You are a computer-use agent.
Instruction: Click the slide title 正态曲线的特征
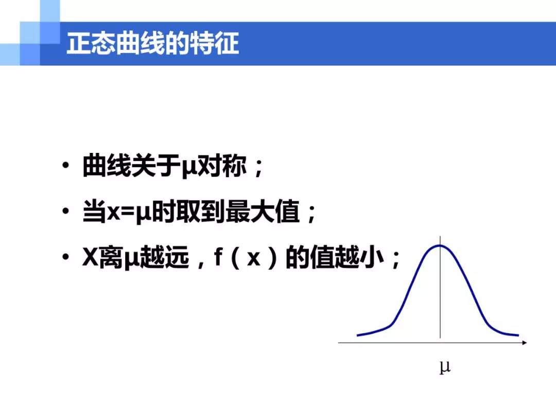click(x=153, y=44)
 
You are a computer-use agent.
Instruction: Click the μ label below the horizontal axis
click(x=445, y=367)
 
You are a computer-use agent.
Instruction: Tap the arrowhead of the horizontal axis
click(x=525, y=342)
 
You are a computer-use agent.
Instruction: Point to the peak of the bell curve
click(x=440, y=246)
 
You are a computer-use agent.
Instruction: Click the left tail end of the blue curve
click(x=357, y=335)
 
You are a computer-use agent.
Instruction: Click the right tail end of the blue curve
click(x=518, y=335)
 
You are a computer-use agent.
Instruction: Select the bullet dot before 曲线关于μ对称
click(x=65, y=165)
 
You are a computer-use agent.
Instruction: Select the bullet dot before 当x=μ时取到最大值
click(x=65, y=211)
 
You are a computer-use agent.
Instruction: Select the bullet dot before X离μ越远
click(x=65, y=257)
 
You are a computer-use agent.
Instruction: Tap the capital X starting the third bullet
click(x=90, y=257)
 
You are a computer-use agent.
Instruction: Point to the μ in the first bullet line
click(x=189, y=168)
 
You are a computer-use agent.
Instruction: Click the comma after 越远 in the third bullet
click(x=201, y=264)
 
